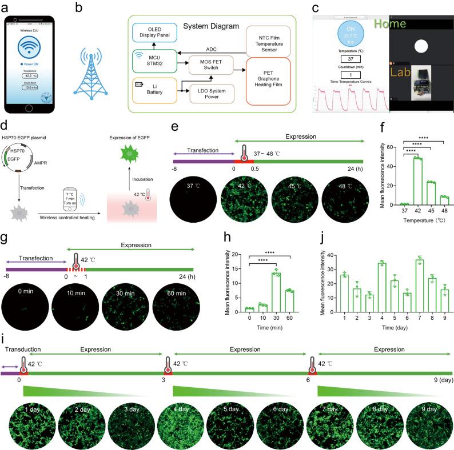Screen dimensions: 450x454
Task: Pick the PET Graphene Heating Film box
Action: tap(268, 81)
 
